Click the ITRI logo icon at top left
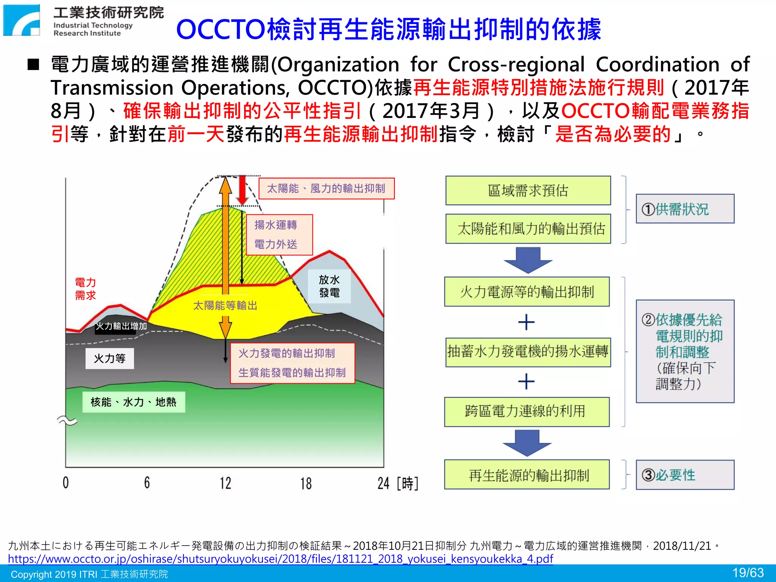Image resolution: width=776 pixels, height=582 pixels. click(22, 20)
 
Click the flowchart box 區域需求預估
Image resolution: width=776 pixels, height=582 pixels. click(528, 191)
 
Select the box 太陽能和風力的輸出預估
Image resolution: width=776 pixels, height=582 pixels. click(528, 229)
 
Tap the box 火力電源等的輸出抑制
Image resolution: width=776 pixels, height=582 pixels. click(527, 292)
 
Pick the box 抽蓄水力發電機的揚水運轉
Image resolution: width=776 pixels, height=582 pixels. click(528, 352)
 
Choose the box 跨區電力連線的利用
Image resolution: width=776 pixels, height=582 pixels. click(527, 411)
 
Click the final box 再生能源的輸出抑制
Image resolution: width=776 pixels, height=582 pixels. click(527, 475)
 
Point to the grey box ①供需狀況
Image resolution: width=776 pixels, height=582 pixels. click(685, 209)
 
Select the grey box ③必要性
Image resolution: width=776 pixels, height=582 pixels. click(685, 475)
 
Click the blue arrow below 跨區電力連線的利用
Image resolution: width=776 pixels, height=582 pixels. click(527, 443)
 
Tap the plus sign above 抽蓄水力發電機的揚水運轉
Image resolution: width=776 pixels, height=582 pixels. click(526, 322)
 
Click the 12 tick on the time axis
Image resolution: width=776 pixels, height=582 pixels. click(225, 483)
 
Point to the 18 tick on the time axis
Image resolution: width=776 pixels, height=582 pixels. click(306, 483)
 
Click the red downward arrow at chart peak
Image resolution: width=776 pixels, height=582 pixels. click(242, 191)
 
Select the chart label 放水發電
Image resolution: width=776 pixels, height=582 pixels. click(329, 286)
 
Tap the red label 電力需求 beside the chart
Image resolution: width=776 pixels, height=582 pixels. click(85, 289)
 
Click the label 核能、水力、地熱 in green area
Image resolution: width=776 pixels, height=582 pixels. click(133, 402)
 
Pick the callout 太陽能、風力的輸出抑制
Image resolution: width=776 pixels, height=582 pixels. click(326, 188)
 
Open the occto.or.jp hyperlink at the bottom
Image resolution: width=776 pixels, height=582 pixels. click(280, 559)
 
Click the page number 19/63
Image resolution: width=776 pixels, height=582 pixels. click(748, 573)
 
